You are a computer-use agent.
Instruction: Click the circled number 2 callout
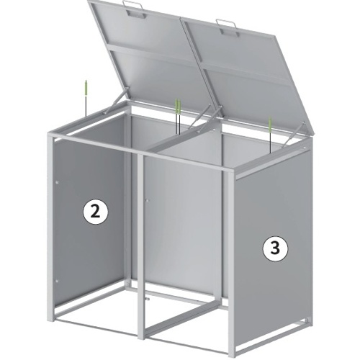(x=96, y=212)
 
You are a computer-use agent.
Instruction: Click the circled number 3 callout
(x=275, y=248)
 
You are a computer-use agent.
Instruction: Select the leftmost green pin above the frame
(x=86, y=99)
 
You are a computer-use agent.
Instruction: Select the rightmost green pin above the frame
(x=270, y=135)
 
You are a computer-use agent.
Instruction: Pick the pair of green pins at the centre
(x=178, y=116)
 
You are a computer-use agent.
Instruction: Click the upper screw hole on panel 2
(x=57, y=183)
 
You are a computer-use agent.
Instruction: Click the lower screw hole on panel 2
(x=57, y=281)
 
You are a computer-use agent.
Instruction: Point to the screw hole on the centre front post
(x=148, y=200)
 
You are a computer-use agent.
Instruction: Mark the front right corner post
(x=230, y=264)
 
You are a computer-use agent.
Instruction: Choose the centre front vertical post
(x=141, y=247)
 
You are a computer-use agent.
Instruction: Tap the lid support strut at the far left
(x=115, y=102)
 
